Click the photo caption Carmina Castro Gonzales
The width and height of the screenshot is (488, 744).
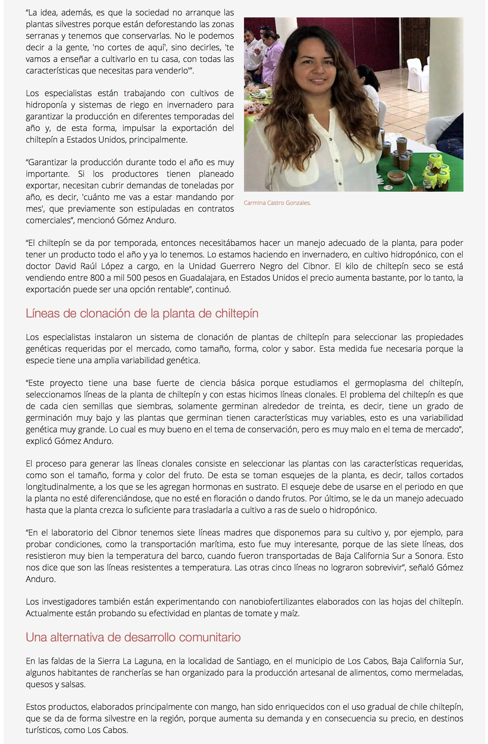click(277, 203)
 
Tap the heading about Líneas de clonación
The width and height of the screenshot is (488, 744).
click(142, 314)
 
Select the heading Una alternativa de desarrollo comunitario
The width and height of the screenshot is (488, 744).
click(133, 638)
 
